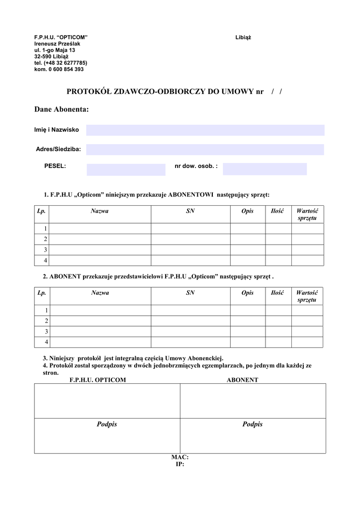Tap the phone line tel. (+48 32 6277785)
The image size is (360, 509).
[x=61, y=63]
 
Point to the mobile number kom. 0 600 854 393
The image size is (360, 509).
[x=59, y=70]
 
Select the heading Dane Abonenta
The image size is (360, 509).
[x=62, y=109]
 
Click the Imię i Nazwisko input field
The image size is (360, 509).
[x=205, y=130]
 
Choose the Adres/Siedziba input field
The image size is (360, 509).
[x=205, y=149]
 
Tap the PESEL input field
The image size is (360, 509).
[x=126, y=170]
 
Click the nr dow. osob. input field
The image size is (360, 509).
[x=265, y=169]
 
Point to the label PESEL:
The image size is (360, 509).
[x=55, y=166]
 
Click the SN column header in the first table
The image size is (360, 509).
[x=190, y=211]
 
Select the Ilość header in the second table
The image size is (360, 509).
[x=277, y=293]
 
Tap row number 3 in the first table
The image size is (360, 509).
[x=45, y=250]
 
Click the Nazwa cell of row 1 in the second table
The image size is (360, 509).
[x=101, y=310]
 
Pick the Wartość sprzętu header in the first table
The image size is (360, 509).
[x=307, y=215]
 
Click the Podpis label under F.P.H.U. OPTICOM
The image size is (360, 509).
[x=107, y=424]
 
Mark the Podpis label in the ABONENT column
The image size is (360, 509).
[x=253, y=424]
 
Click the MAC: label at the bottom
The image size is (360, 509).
[x=180, y=457]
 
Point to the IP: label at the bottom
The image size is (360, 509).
[x=180, y=464]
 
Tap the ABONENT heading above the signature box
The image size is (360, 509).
[x=242, y=380]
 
